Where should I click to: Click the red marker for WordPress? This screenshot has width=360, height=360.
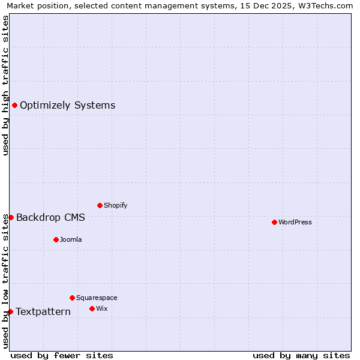[274, 222]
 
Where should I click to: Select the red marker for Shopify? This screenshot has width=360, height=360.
[100, 205]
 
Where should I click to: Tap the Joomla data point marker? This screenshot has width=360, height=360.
[56, 239]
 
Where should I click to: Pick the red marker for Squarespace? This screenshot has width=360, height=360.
[72, 298]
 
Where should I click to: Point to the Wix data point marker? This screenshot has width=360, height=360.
[92, 308]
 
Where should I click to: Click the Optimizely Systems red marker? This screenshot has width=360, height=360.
[14, 106]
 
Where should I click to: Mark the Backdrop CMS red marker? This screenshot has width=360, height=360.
[11, 217]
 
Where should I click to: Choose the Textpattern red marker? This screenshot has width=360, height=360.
[10, 311]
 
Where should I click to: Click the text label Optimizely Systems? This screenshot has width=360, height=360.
[67, 106]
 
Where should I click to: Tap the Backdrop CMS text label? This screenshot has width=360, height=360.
[50, 217]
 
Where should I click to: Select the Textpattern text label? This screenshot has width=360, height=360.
[43, 311]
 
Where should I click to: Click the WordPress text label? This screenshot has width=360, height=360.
[295, 222]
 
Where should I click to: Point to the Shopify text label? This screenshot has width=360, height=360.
[115, 205]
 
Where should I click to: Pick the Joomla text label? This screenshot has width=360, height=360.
[71, 239]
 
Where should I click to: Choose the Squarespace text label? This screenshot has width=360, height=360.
[97, 298]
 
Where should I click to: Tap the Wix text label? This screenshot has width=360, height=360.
[101, 308]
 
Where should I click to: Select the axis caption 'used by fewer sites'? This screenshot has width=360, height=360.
[62, 355]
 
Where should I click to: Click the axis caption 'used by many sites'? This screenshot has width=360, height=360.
[301, 355]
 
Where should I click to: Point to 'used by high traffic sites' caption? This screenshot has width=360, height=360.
[5, 85]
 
